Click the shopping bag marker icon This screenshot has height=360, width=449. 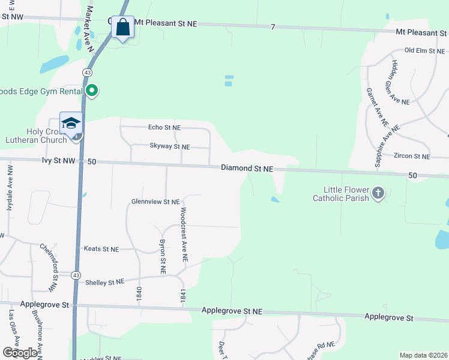click(x=122, y=28)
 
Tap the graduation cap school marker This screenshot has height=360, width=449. click(x=71, y=124)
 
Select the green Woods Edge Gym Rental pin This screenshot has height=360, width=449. click(x=92, y=91)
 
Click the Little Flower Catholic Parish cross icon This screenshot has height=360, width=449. click(x=378, y=193)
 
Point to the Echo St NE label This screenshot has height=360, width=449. click(x=164, y=127)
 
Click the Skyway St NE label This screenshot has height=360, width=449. click(x=169, y=146)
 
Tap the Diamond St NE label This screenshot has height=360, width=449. click(x=246, y=169)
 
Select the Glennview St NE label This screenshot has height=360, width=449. click(x=155, y=202)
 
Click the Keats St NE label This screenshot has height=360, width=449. click(x=101, y=248)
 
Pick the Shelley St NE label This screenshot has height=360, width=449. click(x=104, y=281)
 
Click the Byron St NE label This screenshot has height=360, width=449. click(x=162, y=257)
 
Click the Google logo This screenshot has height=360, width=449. click(x=20, y=353)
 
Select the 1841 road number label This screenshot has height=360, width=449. click(x=182, y=295)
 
